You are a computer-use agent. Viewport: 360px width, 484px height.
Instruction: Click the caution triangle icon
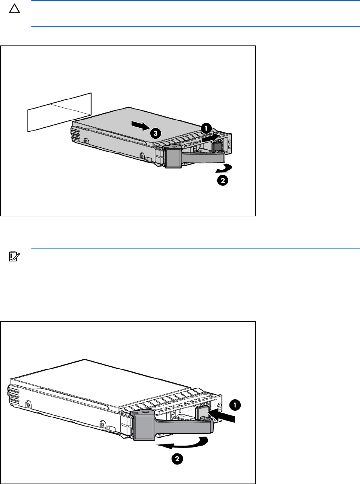pos(15,9)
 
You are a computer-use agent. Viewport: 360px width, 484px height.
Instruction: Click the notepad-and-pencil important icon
pos(15,256)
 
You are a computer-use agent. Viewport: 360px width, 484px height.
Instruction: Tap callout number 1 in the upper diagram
pos(206,129)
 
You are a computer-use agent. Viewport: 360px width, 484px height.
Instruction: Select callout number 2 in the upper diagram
pos(222,180)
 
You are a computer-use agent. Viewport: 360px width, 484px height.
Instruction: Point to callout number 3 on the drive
pos(156,133)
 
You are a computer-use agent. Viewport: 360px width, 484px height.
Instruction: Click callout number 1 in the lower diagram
pos(235,405)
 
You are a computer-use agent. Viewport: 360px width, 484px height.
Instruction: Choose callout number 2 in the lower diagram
pos(177,459)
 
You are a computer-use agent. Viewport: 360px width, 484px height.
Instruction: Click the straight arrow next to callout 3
pos(140,126)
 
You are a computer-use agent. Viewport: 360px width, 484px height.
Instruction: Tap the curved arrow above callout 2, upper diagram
pos(224,169)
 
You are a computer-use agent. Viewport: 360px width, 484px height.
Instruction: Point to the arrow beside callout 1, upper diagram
pos(210,138)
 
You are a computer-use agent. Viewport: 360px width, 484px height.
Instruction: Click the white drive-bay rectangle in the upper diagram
pos(59,112)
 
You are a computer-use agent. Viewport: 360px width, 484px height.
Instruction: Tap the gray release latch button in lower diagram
pos(202,411)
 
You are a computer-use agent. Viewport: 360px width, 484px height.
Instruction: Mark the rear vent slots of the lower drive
pos(14,395)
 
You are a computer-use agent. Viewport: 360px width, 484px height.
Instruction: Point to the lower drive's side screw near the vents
pos(28,404)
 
